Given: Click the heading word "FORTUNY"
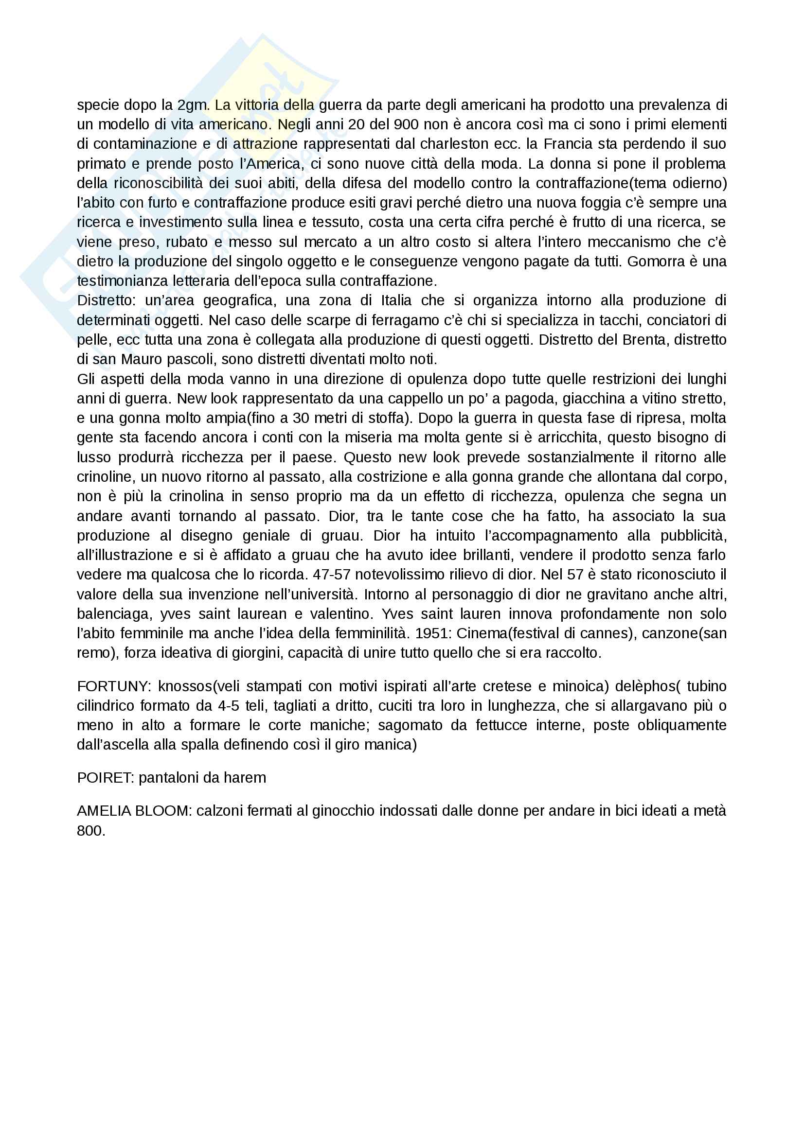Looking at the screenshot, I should (112, 686).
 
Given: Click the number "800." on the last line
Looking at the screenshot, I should (90, 830).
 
